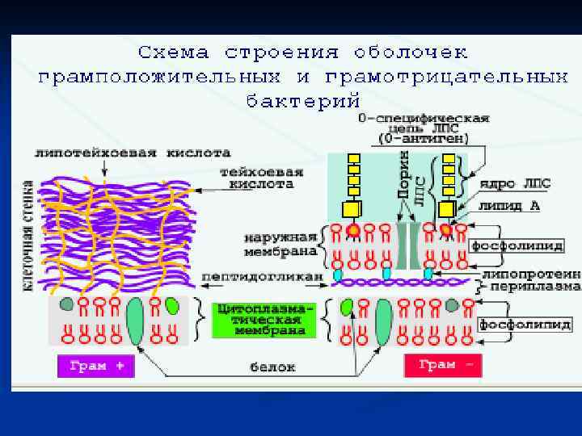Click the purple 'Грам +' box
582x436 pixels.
(96, 366)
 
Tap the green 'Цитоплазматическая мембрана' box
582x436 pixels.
(260, 320)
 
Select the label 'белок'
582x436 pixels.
(272, 367)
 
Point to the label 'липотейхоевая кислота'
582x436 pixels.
(133, 152)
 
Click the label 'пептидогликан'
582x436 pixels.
(261, 276)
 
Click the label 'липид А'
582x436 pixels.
(514, 205)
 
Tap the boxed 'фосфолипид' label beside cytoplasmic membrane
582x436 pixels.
(525, 325)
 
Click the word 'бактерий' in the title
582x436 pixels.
(303, 101)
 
